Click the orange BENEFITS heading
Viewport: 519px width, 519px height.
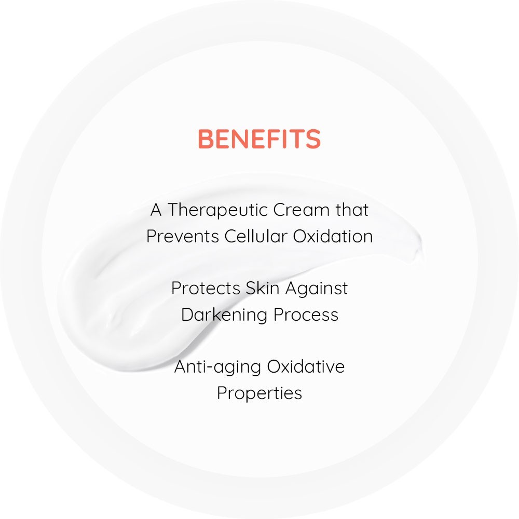[x=259, y=139]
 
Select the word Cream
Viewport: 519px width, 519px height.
[x=302, y=210]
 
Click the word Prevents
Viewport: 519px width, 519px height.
[x=182, y=236]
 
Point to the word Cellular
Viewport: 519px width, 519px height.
[x=255, y=236]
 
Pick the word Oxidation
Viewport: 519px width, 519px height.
[x=333, y=236]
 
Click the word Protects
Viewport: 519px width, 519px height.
[x=206, y=288]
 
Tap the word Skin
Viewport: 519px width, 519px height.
[x=262, y=288]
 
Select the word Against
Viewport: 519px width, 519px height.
[x=316, y=289]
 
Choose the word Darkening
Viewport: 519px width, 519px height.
[x=224, y=315]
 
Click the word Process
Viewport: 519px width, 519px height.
[x=306, y=315]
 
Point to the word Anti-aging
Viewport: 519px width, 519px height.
[x=217, y=367]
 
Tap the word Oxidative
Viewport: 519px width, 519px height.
[x=306, y=367]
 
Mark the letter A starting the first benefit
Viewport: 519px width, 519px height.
[x=156, y=210]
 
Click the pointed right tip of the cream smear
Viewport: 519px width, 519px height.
[x=421, y=239]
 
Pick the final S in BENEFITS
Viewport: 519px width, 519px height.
[x=313, y=139]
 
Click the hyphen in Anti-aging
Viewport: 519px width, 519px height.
[x=209, y=368]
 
